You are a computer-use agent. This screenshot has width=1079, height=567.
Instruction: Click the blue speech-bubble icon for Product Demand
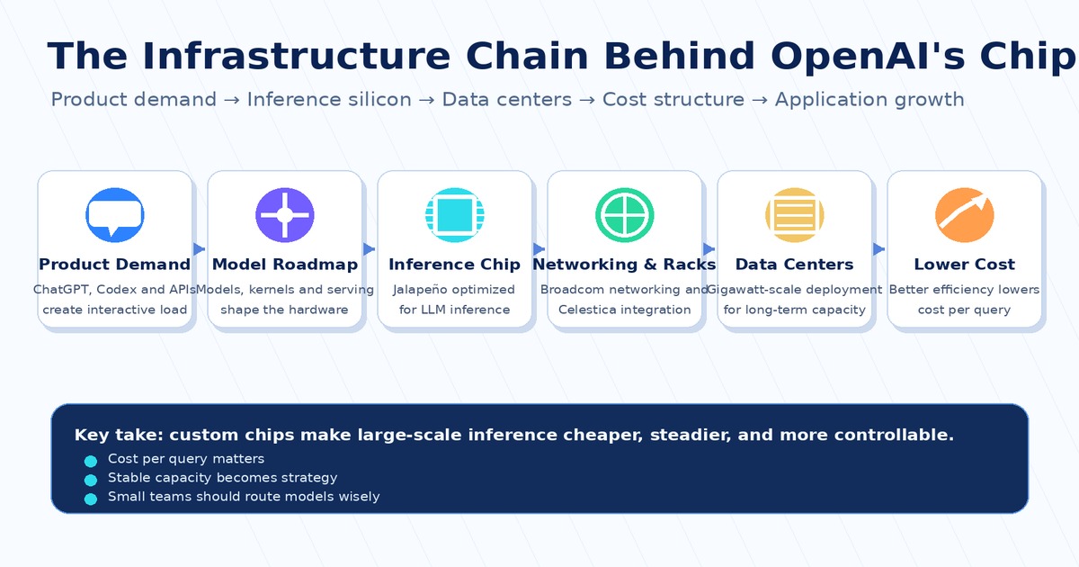(115, 215)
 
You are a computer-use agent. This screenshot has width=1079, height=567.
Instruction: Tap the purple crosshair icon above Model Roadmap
(285, 215)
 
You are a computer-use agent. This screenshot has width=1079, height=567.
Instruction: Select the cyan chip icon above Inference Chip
(455, 215)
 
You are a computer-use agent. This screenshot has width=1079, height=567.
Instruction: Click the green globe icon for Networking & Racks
(625, 215)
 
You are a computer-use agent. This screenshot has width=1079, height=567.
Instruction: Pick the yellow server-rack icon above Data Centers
(795, 215)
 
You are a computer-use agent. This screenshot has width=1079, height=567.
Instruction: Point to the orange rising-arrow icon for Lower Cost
(964, 215)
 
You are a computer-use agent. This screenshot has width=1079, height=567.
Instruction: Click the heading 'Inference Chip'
(455, 265)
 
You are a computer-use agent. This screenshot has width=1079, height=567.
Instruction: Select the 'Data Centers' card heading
(794, 265)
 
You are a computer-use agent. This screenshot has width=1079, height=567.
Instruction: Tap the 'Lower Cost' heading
(964, 265)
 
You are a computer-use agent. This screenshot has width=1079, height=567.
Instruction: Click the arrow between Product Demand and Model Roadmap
(199, 249)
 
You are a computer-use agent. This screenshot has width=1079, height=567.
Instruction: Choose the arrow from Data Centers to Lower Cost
(878, 249)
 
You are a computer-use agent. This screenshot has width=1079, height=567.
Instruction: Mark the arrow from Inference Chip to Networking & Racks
(539, 249)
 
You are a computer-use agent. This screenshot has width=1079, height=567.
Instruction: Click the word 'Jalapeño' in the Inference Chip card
(414, 290)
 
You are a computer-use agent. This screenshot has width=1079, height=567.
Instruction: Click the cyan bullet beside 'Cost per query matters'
(91, 462)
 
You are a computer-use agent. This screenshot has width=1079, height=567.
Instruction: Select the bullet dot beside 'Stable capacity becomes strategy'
(91, 481)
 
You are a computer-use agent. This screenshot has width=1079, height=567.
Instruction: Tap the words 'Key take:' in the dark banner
(119, 435)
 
